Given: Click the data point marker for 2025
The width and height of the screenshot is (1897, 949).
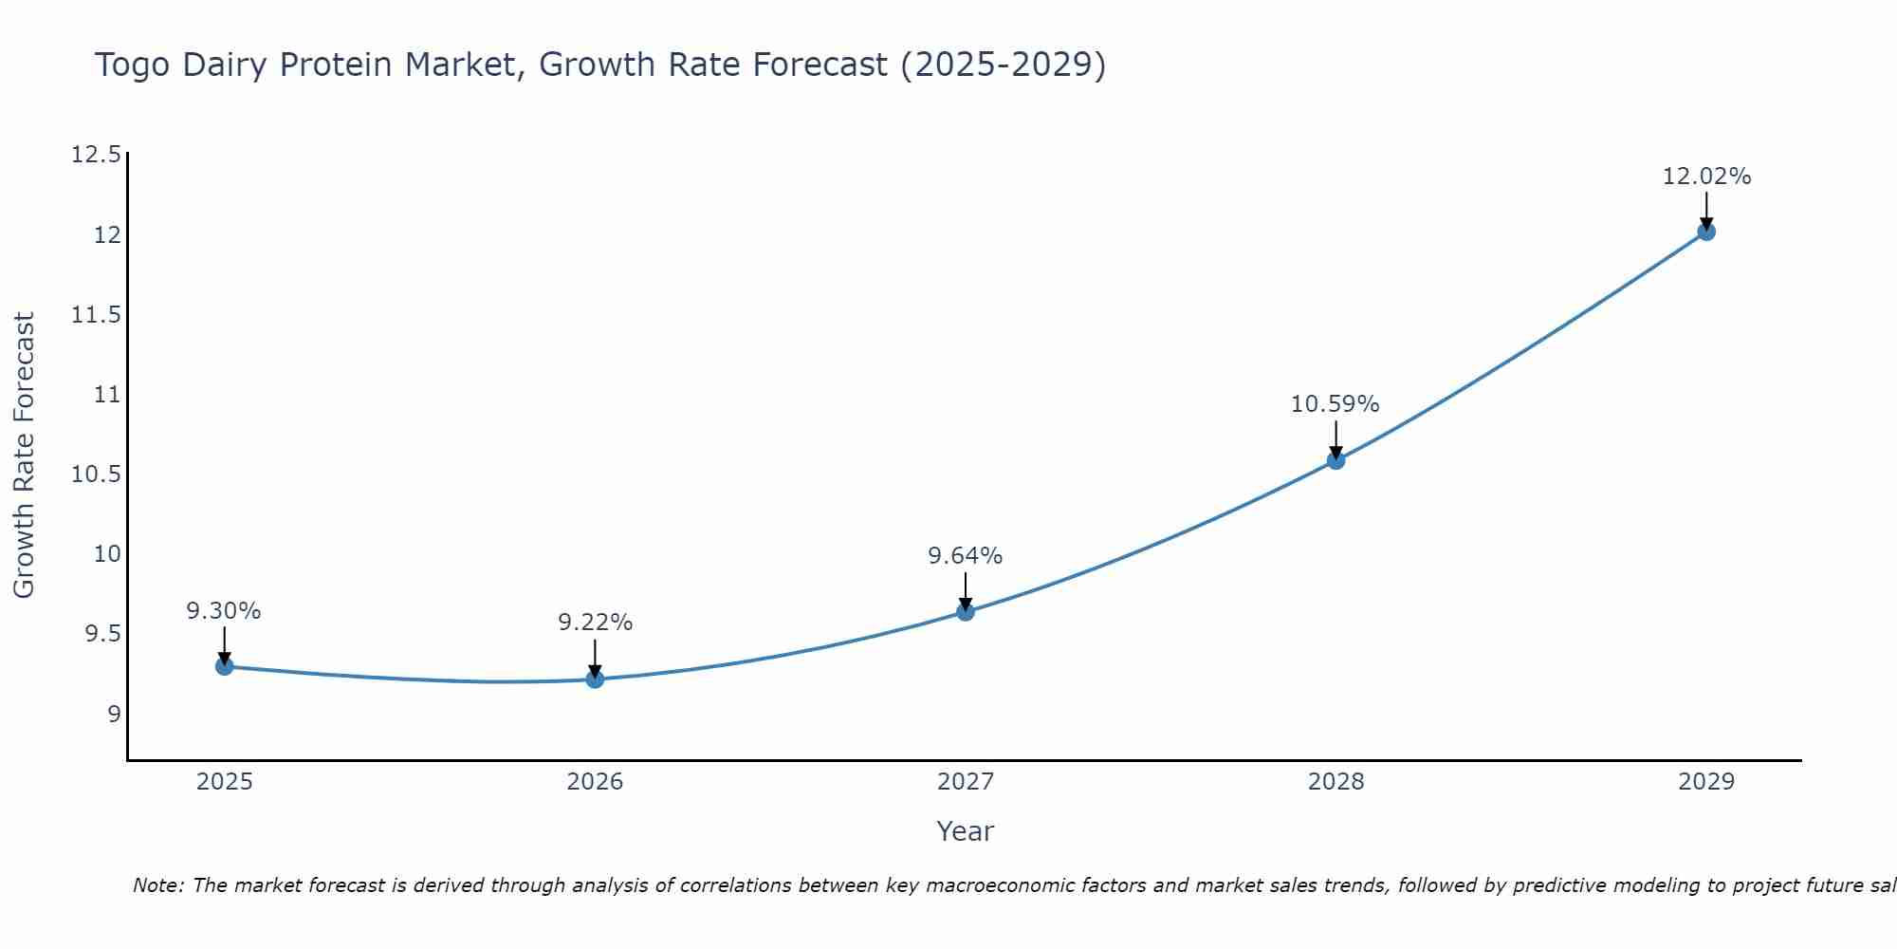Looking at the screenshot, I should tap(224, 666).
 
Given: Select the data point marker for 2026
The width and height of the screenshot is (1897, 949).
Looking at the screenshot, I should tap(595, 679).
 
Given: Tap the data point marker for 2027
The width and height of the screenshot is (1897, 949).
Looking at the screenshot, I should tap(966, 611).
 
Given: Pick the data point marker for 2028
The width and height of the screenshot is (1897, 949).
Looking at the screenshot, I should tap(1335, 460).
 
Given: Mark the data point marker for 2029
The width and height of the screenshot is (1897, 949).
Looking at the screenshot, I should tap(1706, 231).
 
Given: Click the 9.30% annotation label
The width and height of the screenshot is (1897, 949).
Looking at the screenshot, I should tap(224, 611).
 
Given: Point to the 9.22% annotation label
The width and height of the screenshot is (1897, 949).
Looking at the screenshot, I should tap(595, 623).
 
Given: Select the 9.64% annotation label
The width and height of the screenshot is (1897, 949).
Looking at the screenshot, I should tap(966, 556).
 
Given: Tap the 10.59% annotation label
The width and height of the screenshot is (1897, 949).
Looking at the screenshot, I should tap(1335, 404).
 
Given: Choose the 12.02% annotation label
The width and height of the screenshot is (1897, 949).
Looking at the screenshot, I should tap(1706, 177).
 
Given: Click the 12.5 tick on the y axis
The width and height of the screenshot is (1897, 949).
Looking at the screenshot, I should tap(97, 155).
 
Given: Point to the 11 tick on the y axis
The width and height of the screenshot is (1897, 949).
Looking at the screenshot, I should tap(108, 394).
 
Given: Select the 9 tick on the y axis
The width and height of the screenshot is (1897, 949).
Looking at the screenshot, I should tap(115, 714).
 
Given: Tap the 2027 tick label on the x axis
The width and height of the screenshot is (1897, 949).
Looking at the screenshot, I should tap(966, 782).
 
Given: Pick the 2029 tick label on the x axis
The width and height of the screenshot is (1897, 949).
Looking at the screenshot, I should tap(1706, 782).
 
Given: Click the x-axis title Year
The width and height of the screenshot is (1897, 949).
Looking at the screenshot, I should tap(966, 831).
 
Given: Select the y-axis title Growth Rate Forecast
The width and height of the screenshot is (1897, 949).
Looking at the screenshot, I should tap(24, 456).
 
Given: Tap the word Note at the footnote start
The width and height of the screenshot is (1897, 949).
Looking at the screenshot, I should tap(157, 885).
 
